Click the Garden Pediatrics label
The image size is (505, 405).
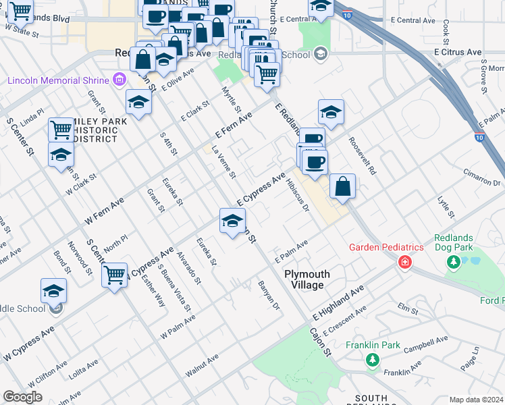point(386,247)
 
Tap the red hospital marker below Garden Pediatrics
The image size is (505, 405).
point(404,262)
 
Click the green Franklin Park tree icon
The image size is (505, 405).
point(371,360)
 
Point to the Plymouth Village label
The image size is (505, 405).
point(307,279)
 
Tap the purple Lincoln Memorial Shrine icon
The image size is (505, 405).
point(120,81)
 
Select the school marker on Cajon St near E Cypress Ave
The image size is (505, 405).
point(232,221)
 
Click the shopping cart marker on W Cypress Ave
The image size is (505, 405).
point(115,274)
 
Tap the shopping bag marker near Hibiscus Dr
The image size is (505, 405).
point(343,186)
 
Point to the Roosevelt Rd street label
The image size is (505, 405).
point(362,157)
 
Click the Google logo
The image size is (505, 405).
point(22,397)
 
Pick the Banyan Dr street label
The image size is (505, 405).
point(269,296)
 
